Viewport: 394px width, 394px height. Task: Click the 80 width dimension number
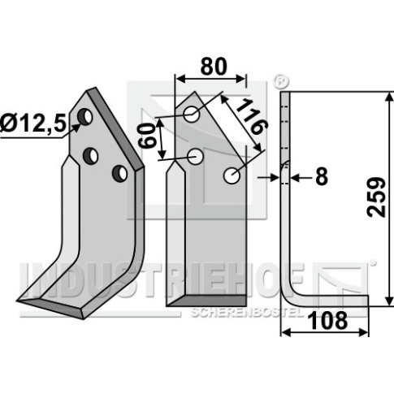click(214, 67)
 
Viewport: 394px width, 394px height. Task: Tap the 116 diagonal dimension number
click(252, 116)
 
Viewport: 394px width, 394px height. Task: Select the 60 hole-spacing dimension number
click(147, 135)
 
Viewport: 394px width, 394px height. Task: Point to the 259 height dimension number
click(376, 197)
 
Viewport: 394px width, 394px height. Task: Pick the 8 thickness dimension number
click(322, 177)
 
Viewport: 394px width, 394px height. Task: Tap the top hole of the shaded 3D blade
click(85, 117)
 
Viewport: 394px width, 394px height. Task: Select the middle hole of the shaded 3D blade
click(90, 155)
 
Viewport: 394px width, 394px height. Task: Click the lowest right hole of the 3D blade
click(119, 174)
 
